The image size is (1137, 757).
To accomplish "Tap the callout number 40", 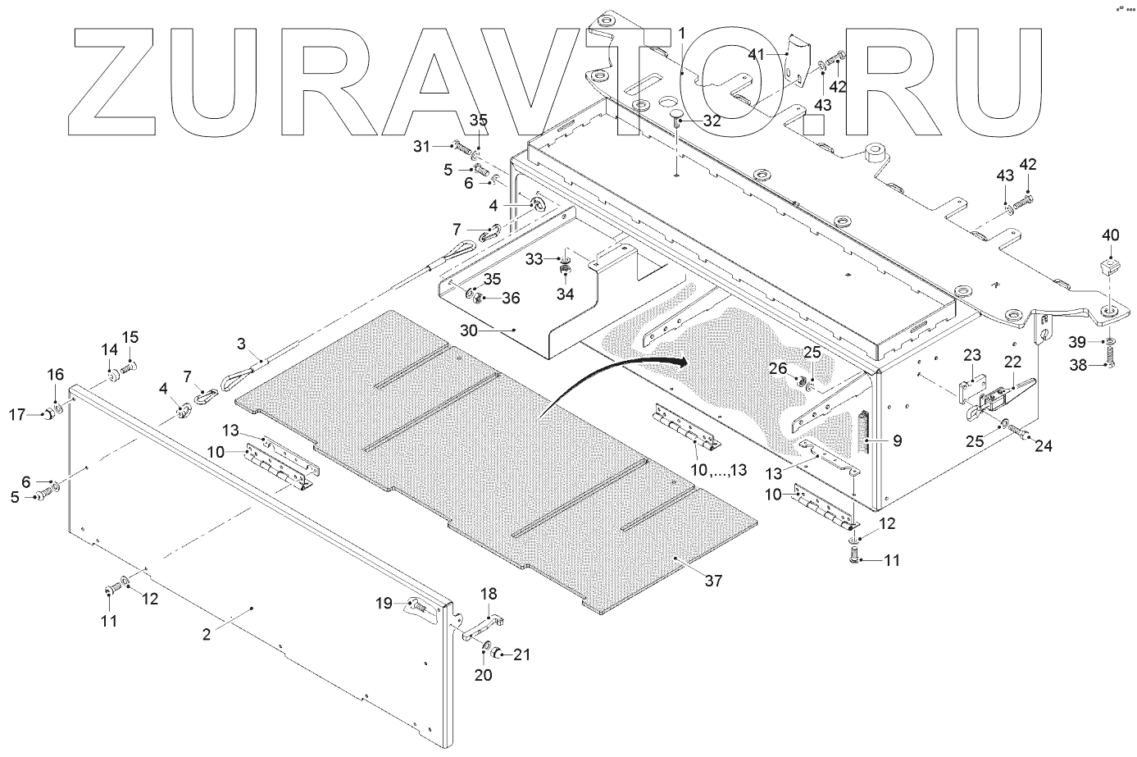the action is pyautogui.click(x=1110, y=235).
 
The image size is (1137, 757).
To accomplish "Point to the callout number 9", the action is pyautogui.click(x=898, y=441).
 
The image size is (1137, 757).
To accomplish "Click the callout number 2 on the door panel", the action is pyautogui.click(x=207, y=633).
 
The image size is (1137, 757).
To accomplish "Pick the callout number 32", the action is pyautogui.click(x=712, y=120).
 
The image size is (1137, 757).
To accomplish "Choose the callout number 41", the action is pyautogui.click(x=755, y=54).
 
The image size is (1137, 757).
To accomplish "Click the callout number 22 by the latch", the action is pyautogui.click(x=1012, y=361).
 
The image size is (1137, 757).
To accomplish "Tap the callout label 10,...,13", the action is pyautogui.click(x=720, y=469).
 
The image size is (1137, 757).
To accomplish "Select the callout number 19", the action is pyautogui.click(x=384, y=604).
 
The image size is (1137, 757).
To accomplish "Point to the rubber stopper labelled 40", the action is pyautogui.click(x=1111, y=265).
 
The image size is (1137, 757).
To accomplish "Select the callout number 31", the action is pyautogui.click(x=421, y=146).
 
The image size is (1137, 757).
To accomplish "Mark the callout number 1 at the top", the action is pyautogui.click(x=681, y=33).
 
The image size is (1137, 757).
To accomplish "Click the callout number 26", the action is pyautogui.click(x=778, y=370).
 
